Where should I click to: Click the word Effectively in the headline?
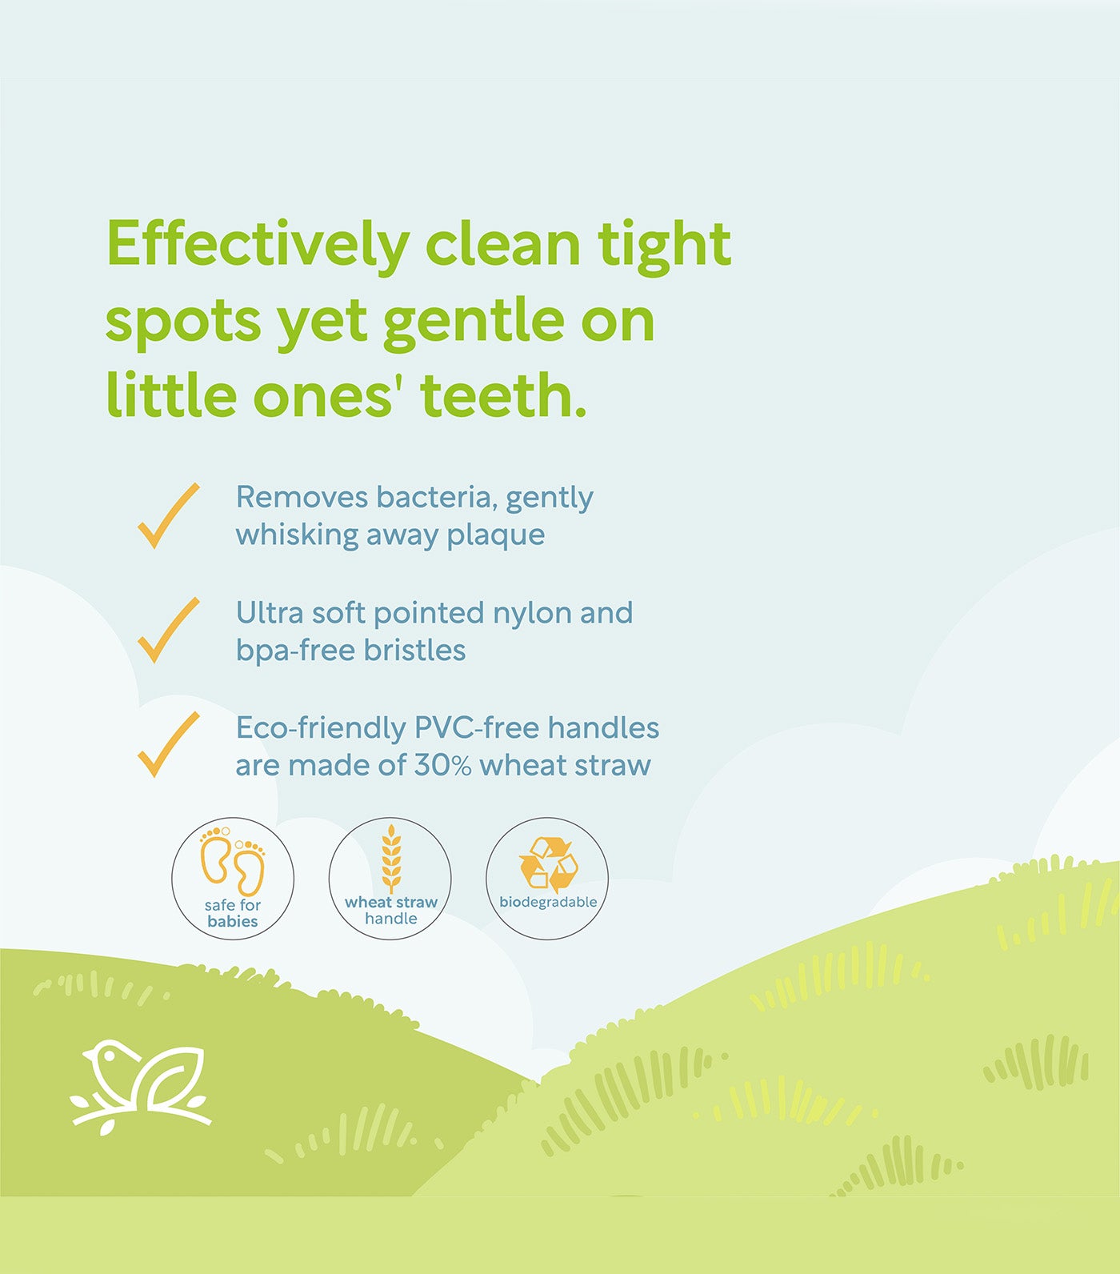tap(258, 245)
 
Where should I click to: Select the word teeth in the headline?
tap(504, 395)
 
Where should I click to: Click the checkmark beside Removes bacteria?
tap(169, 515)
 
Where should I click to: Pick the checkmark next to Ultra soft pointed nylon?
tap(169, 630)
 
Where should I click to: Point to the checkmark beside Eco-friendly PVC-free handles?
tap(169, 744)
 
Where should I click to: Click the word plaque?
tap(495, 536)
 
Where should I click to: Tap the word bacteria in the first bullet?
tap(434, 497)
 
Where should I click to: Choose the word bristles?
tap(414, 650)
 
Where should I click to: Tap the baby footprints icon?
tap(232, 862)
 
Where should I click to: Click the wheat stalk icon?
tap(391, 859)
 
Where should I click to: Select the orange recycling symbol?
tap(548, 864)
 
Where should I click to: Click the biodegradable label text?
tap(548, 902)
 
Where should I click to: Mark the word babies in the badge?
tap(233, 921)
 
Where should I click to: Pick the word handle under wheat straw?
tap(391, 919)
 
